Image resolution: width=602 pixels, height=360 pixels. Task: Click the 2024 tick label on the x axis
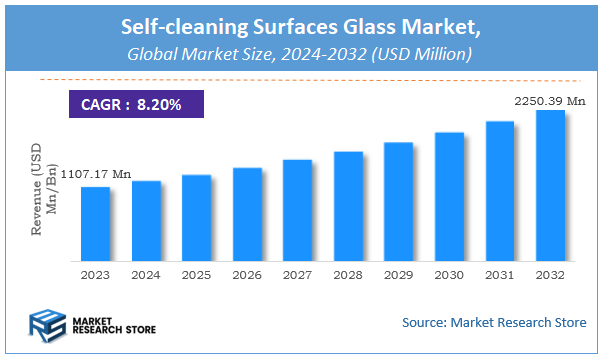(146, 273)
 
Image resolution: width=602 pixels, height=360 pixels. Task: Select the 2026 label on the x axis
(247, 273)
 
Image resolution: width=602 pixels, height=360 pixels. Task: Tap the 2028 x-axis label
(348, 273)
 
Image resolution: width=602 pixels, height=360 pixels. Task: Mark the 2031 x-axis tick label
(499, 273)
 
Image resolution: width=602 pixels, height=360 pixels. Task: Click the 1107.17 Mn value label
(96, 175)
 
